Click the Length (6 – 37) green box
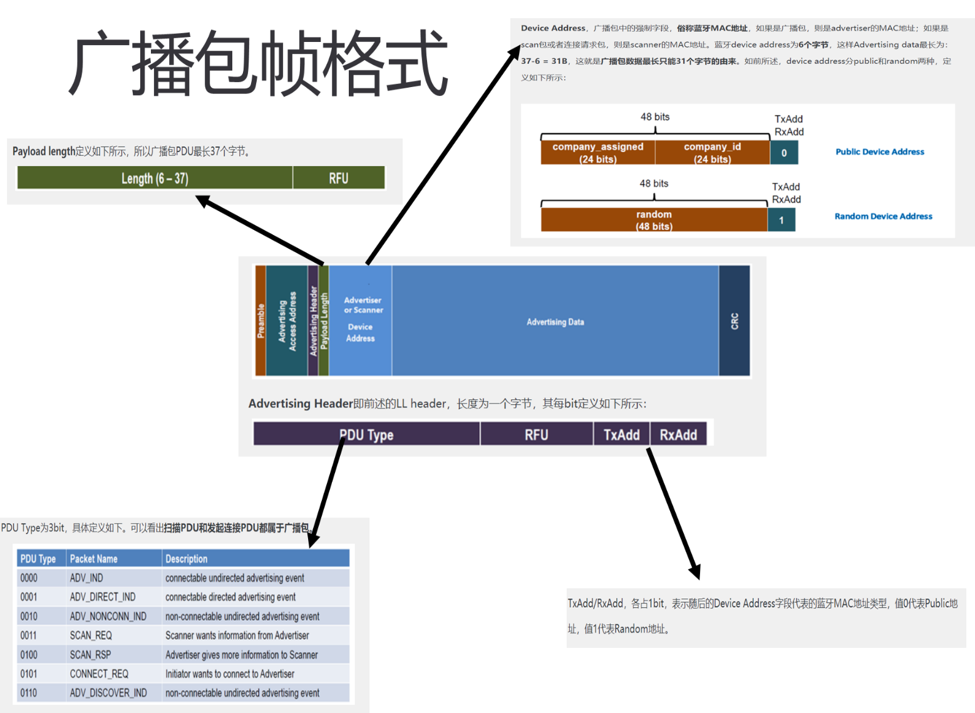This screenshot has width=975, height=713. click(x=155, y=178)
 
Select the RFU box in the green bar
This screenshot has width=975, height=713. click(x=339, y=178)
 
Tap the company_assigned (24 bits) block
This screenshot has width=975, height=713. click(x=598, y=152)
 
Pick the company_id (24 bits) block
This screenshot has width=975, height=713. click(x=713, y=152)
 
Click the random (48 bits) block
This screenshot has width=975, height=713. click(x=654, y=220)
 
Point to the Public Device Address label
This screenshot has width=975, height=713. click(x=880, y=152)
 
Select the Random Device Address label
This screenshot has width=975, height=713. click(x=883, y=216)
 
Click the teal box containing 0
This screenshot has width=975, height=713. click(x=784, y=153)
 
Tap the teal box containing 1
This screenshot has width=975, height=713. click(x=781, y=220)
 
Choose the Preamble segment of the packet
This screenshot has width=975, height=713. click(x=261, y=321)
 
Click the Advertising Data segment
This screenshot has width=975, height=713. click(x=555, y=321)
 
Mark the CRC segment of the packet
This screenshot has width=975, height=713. click(x=735, y=321)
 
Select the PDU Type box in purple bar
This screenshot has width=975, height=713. click(x=366, y=434)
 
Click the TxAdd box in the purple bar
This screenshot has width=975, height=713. click(x=621, y=434)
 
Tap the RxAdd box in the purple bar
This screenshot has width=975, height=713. click(x=678, y=434)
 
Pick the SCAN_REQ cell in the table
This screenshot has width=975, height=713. click(x=91, y=635)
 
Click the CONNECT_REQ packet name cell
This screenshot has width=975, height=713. click(x=100, y=674)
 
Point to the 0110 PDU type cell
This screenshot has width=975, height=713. click(x=29, y=693)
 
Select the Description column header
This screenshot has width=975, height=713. click(x=187, y=558)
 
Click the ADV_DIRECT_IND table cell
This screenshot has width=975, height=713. click(x=103, y=597)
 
